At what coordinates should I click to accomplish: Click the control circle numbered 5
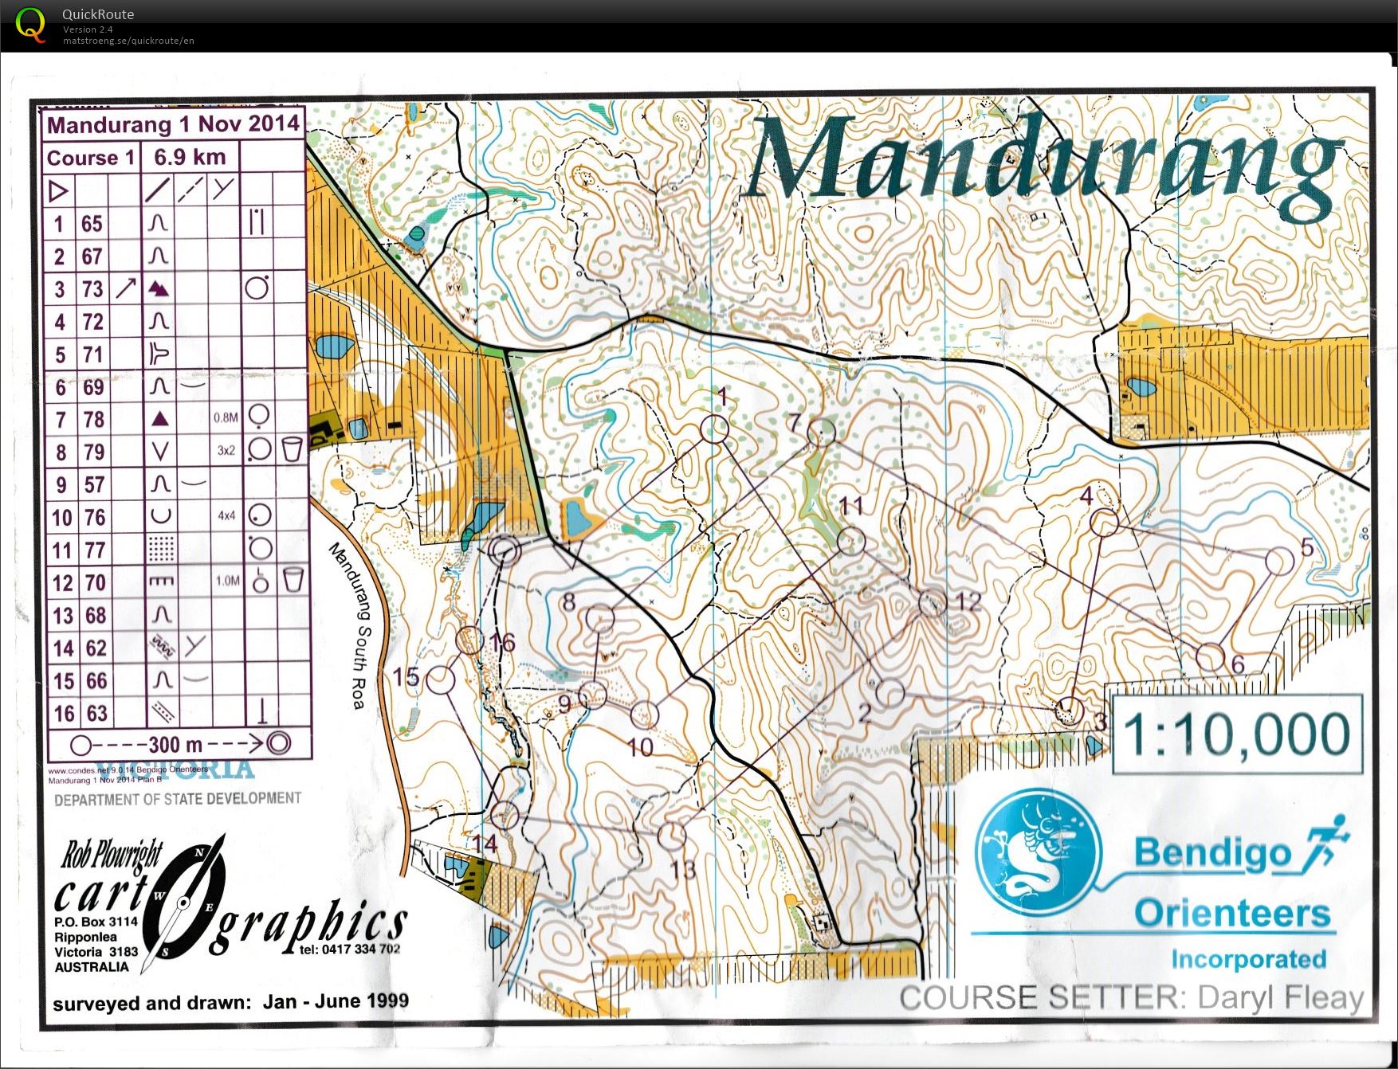click(1279, 561)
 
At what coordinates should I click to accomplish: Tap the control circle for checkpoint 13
click(672, 836)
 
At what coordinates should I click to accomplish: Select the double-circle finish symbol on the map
click(505, 550)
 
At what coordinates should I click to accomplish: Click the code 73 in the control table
click(93, 288)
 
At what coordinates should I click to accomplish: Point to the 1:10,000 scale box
click(1236, 734)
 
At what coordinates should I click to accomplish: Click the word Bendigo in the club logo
click(1211, 852)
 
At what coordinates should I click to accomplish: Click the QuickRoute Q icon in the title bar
click(30, 24)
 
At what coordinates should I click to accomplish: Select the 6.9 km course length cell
click(190, 157)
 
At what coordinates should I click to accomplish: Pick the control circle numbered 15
click(440, 679)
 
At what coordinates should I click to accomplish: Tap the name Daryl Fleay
click(1280, 997)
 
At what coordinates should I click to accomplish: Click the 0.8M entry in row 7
click(226, 417)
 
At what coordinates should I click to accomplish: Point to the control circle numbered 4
click(1104, 523)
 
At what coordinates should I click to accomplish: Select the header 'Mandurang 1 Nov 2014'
click(173, 124)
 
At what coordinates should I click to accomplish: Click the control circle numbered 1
click(715, 429)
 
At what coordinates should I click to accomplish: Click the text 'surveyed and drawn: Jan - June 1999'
click(230, 1001)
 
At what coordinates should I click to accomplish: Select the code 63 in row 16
click(96, 713)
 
